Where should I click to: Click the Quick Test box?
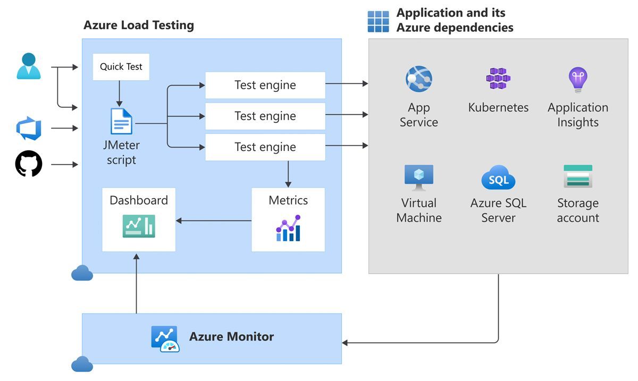click(x=121, y=67)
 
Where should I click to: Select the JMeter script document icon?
click(x=121, y=122)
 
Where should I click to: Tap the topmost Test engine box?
click(x=265, y=85)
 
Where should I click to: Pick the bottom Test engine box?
click(x=265, y=147)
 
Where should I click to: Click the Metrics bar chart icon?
click(x=288, y=228)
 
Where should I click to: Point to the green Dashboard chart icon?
click(x=139, y=226)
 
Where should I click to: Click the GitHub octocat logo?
click(x=29, y=164)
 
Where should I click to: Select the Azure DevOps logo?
click(x=29, y=129)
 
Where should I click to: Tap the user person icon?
click(x=29, y=67)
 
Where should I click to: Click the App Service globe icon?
click(x=419, y=80)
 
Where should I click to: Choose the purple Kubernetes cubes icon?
click(x=498, y=79)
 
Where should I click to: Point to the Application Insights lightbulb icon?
click(x=577, y=80)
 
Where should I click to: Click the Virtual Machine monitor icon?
click(x=419, y=177)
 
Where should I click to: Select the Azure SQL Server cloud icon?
click(x=498, y=178)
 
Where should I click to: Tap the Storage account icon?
click(x=578, y=176)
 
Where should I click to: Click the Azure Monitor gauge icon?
click(x=165, y=339)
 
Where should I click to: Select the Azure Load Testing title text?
click(x=139, y=25)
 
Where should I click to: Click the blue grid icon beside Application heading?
click(x=379, y=21)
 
